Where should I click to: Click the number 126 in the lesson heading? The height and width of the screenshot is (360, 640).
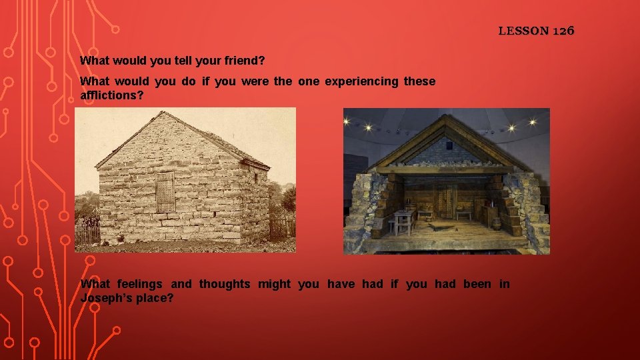(x=562, y=31)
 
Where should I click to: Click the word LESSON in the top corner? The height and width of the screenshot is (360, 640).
(x=523, y=31)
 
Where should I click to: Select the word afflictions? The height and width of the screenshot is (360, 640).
(x=110, y=95)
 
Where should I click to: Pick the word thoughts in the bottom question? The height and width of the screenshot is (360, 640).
(x=225, y=284)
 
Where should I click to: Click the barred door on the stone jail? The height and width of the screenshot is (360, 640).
(x=164, y=191)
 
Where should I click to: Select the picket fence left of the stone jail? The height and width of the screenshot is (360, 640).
(x=87, y=231)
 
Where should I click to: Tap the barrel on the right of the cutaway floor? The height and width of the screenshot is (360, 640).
(x=496, y=223)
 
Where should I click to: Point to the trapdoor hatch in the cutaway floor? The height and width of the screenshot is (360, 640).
(x=440, y=226)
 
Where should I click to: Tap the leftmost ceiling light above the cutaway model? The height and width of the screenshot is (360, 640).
(x=367, y=127)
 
